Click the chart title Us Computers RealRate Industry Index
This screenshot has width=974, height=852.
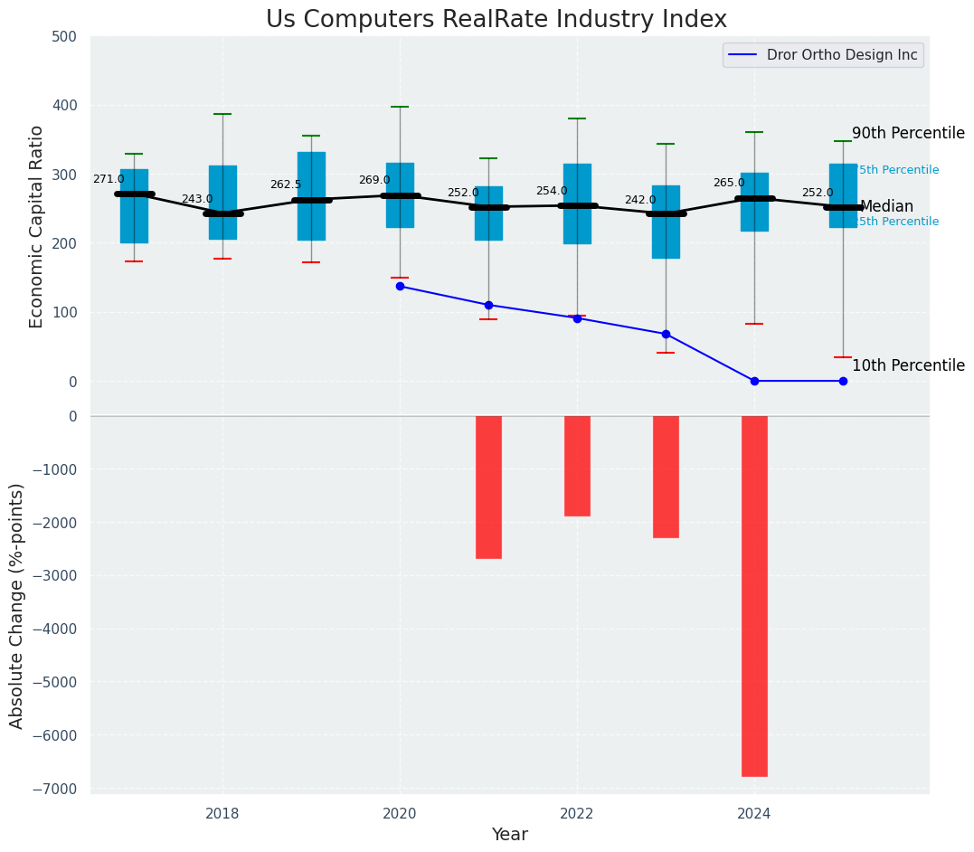(x=496, y=20)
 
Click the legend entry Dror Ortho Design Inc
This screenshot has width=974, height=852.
(x=841, y=55)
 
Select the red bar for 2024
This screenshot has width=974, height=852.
(x=754, y=596)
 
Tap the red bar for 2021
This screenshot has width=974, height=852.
(x=488, y=488)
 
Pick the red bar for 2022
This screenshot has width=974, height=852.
(x=577, y=466)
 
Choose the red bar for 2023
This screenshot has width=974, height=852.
(x=666, y=477)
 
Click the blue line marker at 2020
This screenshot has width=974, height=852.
(x=400, y=287)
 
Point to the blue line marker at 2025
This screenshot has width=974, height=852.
(x=843, y=381)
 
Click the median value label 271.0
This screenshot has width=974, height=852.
(x=109, y=180)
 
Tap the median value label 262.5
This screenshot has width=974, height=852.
(x=286, y=185)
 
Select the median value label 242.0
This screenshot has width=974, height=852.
(x=640, y=201)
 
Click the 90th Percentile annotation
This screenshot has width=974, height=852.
(x=908, y=134)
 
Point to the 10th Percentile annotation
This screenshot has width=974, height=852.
(x=908, y=366)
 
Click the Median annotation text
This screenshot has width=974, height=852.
(x=886, y=207)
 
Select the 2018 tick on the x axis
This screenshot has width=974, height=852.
(x=222, y=813)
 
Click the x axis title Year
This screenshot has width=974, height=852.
(x=509, y=835)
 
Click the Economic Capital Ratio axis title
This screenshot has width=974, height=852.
(x=37, y=226)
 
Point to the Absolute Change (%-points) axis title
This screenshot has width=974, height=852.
(x=17, y=605)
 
